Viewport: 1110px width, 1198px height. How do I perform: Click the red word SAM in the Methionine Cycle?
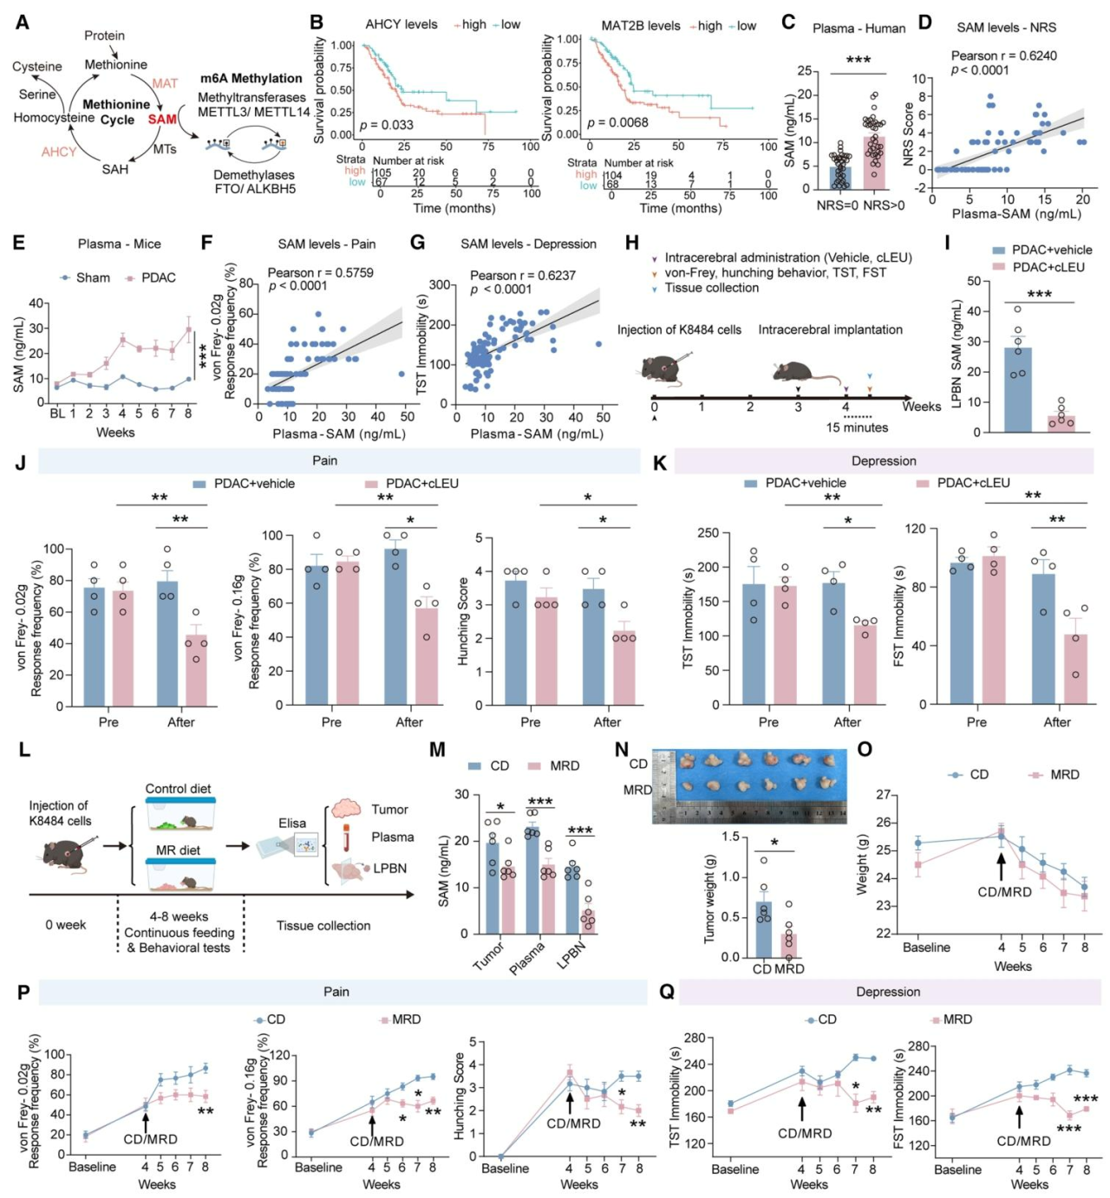click(162, 119)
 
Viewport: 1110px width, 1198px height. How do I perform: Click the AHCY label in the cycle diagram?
click(59, 152)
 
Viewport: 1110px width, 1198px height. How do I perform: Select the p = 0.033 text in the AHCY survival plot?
click(387, 125)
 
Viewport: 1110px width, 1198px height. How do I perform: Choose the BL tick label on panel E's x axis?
click(57, 414)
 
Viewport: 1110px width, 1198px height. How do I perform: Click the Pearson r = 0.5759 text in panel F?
click(320, 272)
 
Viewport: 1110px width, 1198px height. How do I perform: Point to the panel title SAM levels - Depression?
click(528, 244)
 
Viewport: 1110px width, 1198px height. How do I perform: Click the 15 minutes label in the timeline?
click(857, 427)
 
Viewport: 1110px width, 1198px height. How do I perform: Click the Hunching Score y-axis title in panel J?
click(463, 622)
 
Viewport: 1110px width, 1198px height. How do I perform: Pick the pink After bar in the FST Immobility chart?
click(1075, 668)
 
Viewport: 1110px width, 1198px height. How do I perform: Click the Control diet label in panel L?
click(178, 789)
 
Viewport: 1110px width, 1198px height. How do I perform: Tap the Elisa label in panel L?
click(292, 823)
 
